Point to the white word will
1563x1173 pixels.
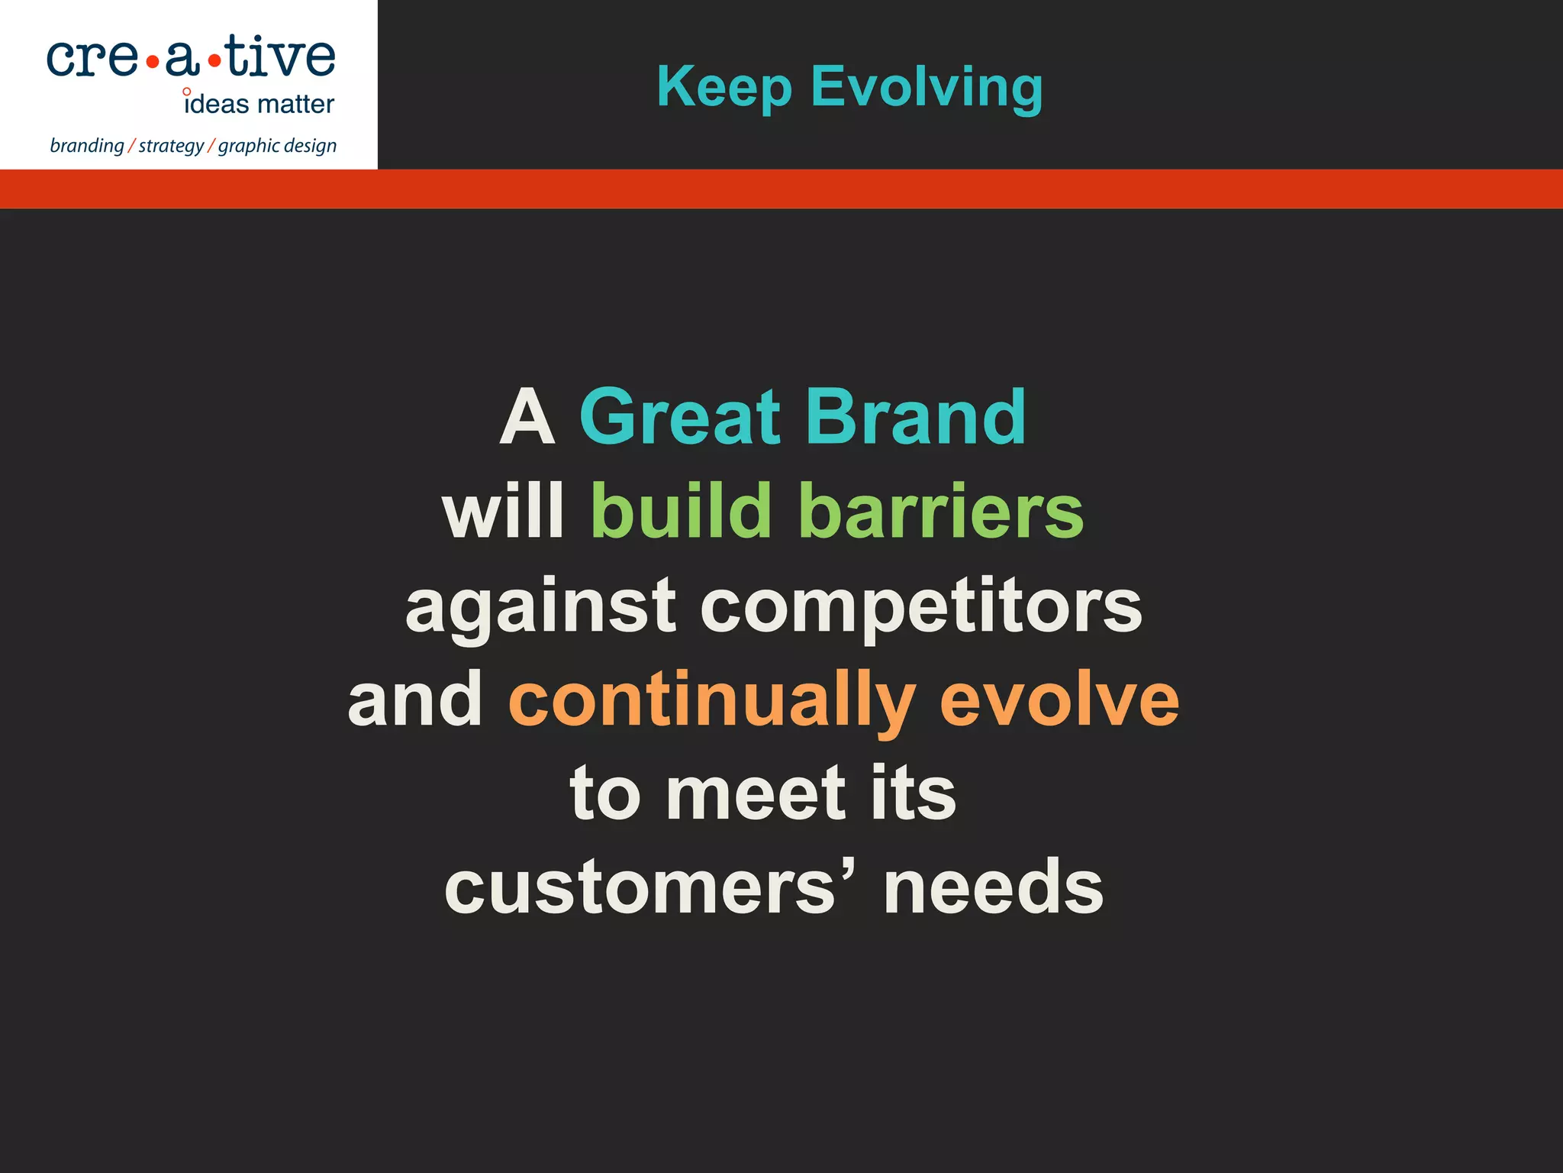coord(503,512)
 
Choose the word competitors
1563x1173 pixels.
coord(920,607)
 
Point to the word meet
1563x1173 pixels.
coord(756,794)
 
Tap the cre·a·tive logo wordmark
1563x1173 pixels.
coord(191,57)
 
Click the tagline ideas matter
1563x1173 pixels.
coord(259,104)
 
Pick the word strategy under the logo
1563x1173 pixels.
coord(171,145)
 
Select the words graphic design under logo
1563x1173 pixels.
coord(277,145)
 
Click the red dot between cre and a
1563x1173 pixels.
coord(152,62)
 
